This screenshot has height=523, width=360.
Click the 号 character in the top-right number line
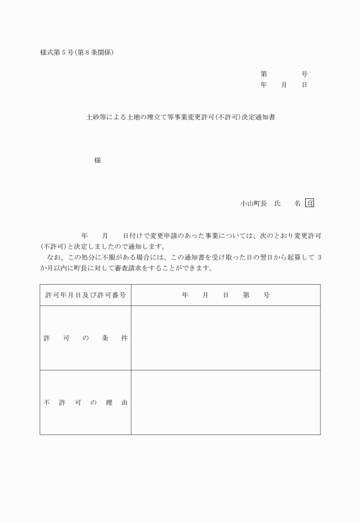pyautogui.click(x=305, y=74)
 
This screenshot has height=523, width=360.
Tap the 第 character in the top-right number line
pyautogui.click(x=263, y=74)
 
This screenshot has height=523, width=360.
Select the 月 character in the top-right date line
pyautogui.click(x=284, y=85)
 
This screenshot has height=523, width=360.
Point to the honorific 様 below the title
pyautogui.click(x=97, y=161)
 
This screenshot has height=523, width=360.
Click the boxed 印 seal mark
pyautogui.click(x=310, y=203)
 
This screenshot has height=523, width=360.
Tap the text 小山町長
pyautogui.click(x=251, y=203)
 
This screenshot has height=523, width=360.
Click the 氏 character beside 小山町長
pyautogui.click(x=277, y=203)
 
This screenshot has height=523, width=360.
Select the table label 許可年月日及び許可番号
pyautogui.click(x=85, y=295)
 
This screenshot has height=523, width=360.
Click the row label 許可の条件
pyautogui.click(x=85, y=338)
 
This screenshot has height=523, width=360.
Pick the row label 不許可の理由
pyautogui.click(x=85, y=402)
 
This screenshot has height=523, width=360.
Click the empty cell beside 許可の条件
pyautogui.click(x=225, y=338)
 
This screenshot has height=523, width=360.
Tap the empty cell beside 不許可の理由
pyautogui.click(x=225, y=402)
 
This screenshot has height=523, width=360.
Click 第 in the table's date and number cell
pyautogui.click(x=246, y=295)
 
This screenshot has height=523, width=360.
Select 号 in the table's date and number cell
pyautogui.click(x=266, y=295)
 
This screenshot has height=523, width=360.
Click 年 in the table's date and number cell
pyautogui.click(x=185, y=295)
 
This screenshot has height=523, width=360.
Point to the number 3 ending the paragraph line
pyautogui.click(x=319, y=258)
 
